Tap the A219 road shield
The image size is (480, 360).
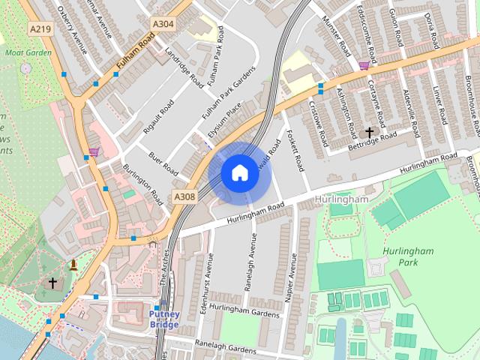tap(41, 28)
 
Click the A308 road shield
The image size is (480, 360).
tap(184, 196)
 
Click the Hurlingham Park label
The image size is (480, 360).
tap(399, 257)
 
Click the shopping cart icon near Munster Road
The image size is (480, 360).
tap(364, 66)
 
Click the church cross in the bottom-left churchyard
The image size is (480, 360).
tap(52, 283)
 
